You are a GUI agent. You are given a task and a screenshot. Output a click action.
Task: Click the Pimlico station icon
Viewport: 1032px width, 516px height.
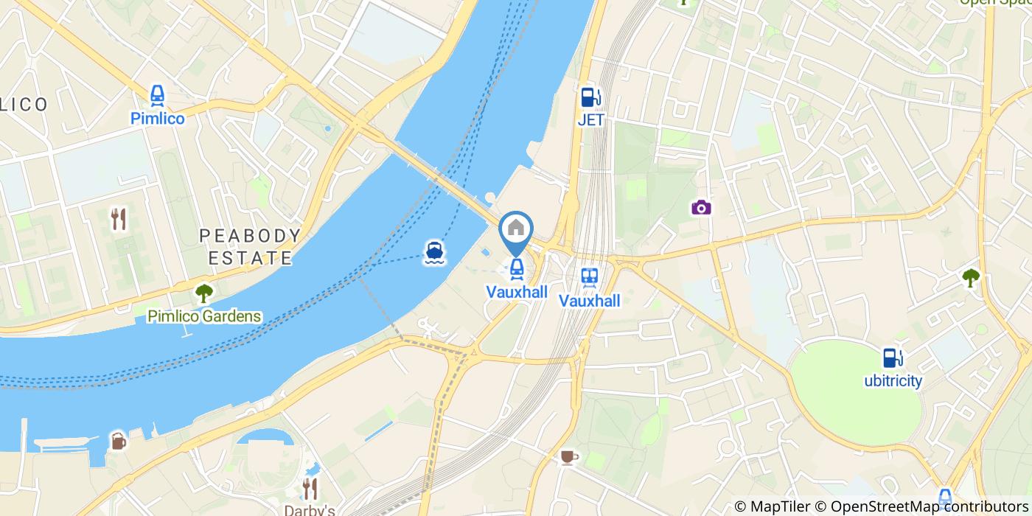tap(157, 95)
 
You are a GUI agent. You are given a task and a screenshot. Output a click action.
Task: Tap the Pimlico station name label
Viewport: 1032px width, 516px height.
tap(157, 118)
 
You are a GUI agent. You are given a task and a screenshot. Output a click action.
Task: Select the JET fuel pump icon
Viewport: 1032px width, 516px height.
tap(590, 97)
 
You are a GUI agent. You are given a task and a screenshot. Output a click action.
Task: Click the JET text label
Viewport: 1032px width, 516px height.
tap(590, 119)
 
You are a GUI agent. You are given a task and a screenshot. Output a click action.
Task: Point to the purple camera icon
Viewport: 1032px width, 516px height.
tap(701, 207)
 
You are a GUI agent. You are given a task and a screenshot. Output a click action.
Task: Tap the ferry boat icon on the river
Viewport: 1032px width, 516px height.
tap(433, 252)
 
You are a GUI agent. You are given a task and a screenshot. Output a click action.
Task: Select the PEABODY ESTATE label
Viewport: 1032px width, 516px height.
tap(251, 247)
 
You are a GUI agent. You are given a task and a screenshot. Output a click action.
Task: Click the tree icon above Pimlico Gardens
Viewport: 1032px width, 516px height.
tap(203, 293)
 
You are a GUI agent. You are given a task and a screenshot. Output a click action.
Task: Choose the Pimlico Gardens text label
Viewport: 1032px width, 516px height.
tap(204, 317)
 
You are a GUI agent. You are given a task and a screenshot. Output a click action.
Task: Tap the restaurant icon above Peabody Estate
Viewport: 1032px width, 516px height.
tap(119, 218)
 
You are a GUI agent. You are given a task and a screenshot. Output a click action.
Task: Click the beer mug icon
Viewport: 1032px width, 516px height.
tap(118, 441)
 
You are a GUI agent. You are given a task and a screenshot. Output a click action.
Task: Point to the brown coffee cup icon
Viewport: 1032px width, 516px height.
tap(567, 457)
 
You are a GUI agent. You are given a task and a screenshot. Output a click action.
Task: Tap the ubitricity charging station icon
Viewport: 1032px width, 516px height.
tap(893, 358)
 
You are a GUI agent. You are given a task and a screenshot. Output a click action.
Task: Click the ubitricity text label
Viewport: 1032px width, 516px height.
tap(893, 381)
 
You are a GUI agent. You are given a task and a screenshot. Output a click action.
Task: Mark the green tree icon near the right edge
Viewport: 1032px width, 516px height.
tap(971, 277)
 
